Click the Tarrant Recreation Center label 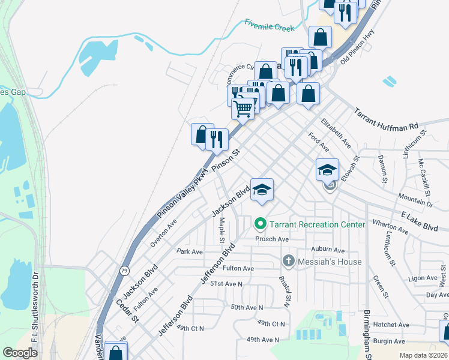pos(317,224)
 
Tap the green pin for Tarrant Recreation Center pos(261,225)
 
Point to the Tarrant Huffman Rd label pos(386,119)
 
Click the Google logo pos(20,353)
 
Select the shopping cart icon pos(243,109)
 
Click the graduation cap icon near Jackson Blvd pos(262,190)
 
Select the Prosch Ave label pos(272,239)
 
